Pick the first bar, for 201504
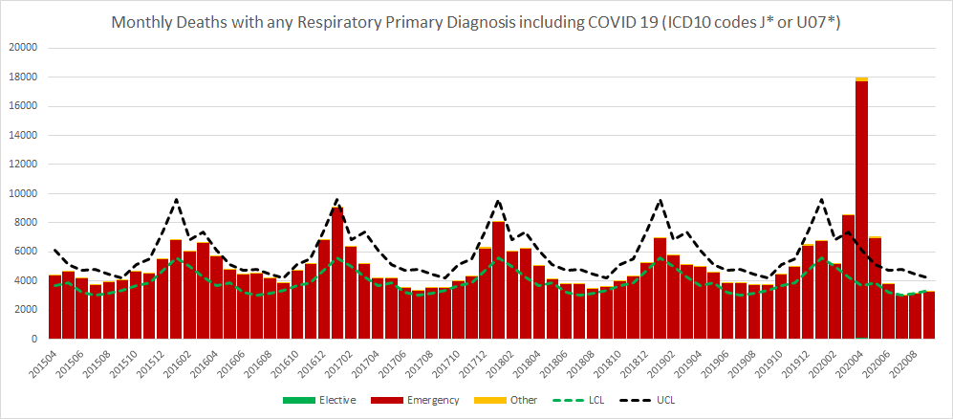pyautogui.click(x=54, y=307)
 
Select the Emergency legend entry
pyautogui.click(x=426, y=400)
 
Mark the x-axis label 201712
pyautogui.click(x=476, y=362)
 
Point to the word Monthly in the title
pyautogui.click(x=144, y=22)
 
